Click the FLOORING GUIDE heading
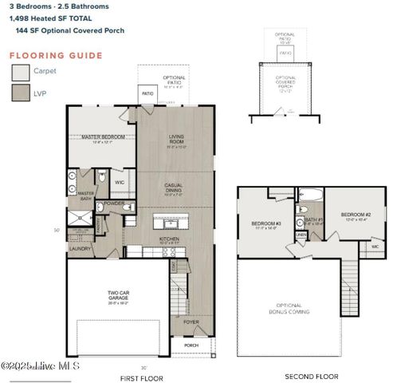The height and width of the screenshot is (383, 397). click(x=56, y=56)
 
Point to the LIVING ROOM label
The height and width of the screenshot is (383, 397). click(x=175, y=140)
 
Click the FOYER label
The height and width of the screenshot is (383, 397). click(x=191, y=322)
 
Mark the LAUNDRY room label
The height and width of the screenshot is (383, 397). click(x=80, y=248)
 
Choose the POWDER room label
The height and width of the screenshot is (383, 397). click(x=114, y=203)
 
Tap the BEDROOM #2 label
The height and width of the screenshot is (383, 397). click(x=356, y=215)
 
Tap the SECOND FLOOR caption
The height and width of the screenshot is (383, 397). click(x=311, y=376)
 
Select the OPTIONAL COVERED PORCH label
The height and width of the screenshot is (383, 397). click(x=285, y=82)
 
